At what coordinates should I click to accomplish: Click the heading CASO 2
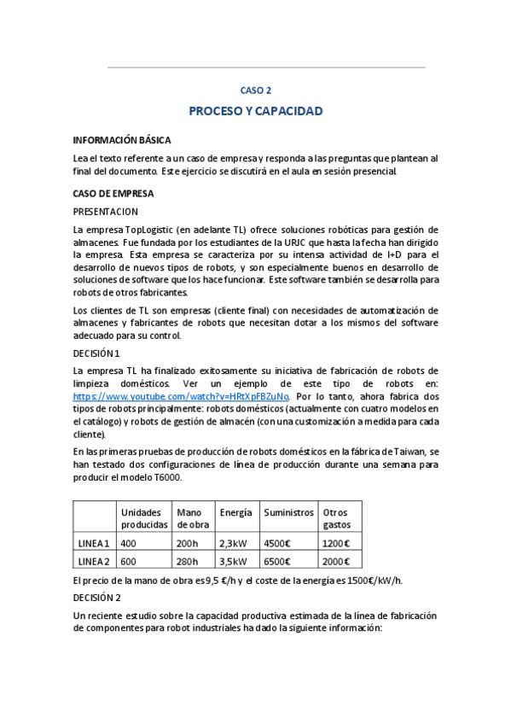click(x=255, y=90)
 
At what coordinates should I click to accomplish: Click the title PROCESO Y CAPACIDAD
click(x=255, y=112)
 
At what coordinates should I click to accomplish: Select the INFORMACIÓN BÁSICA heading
click(x=122, y=139)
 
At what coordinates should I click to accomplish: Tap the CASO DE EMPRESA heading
click(x=113, y=193)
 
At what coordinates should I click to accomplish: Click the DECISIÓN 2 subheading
click(x=97, y=598)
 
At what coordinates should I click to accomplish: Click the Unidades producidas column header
click(x=143, y=518)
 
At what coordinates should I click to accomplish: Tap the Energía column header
click(x=235, y=512)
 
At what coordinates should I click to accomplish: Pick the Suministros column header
click(x=288, y=512)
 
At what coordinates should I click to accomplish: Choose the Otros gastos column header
click(x=337, y=518)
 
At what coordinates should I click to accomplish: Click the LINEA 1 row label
click(x=94, y=543)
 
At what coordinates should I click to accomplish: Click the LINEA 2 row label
click(x=94, y=561)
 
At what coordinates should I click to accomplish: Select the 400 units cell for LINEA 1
click(x=129, y=543)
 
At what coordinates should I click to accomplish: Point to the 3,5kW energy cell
click(x=233, y=561)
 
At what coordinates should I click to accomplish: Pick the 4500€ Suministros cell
click(x=277, y=543)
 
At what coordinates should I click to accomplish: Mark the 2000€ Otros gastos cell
click(x=336, y=561)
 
